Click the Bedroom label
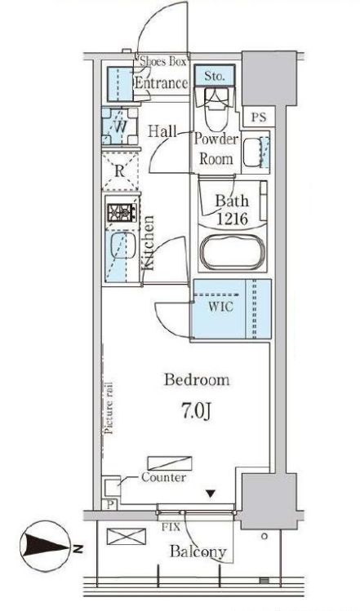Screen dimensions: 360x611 [x=197, y=379]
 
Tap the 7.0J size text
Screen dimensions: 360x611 [x=196, y=410]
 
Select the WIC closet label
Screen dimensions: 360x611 [x=220, y=306]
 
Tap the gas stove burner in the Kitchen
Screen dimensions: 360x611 [x=122, y=212]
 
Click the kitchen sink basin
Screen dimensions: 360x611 [x=122, y=246]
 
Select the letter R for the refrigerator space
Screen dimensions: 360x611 [x=120, y=171]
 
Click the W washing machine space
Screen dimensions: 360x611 [x=121, y=126]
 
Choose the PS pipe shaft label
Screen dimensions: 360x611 [x=258, y=117]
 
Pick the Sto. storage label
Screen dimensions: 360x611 [x=215, y=76]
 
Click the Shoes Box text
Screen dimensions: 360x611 [x=163, y=61]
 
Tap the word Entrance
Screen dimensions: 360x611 [x=161, y=83]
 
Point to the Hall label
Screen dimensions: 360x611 [x=162, y=131]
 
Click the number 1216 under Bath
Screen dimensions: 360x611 [x=232, y=219]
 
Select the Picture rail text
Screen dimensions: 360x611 [x=109, y=408]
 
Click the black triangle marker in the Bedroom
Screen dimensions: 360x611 [x=211, y=494]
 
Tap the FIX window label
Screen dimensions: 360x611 [x=171, y=527]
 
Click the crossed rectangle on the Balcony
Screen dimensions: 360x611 [x=126, y=537]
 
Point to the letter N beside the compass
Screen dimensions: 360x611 [x=78, y=550]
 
